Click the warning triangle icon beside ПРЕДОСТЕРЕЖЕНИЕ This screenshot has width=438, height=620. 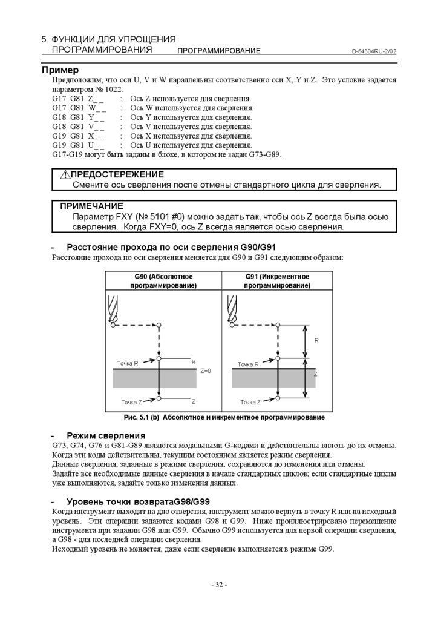pyautogui.click(x=66, y=175)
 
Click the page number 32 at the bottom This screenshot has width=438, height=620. pyautogui.click(x=218, y=585)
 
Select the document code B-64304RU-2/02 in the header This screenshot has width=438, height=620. pyautogui.click(x=374, y=51)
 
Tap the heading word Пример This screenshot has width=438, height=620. pyautogui.click(x=60, y=70)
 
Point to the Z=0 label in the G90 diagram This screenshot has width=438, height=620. pyautogui.click(x=205, y=371)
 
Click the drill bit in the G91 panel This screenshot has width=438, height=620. pyautogui.click(x=230, y=308)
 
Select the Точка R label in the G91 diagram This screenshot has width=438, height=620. pyautogui.click(x=248, y=364)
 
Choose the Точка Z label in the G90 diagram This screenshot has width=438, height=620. pyautogui.click(x=131, y=402)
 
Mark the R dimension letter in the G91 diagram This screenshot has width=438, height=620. pyautogui.click(x=316, y=341)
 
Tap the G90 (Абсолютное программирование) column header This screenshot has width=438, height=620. pyautogui.click(x=163, y=281)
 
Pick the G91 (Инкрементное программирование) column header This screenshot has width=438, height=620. pyautogui.click(x=277, y=281)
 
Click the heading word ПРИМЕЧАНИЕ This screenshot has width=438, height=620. pyautogui.click(x=91, y=206)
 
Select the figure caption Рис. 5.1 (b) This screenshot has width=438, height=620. pyautogui.click(x=141, y=418)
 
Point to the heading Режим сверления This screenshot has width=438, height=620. pyautogui.click(x=106, y=435)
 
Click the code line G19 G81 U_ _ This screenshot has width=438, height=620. pyautogui.click(x=78, y=145)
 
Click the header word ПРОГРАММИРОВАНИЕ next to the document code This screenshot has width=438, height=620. pyautogui.click(x=218, y=51)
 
